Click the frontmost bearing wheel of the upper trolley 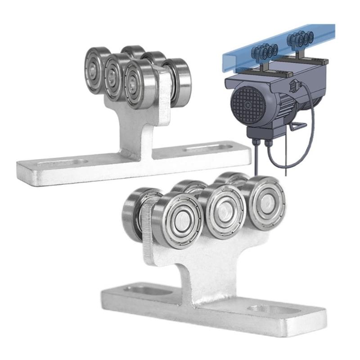[x=139, y=82]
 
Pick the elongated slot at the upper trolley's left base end [x=63, y=162]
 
